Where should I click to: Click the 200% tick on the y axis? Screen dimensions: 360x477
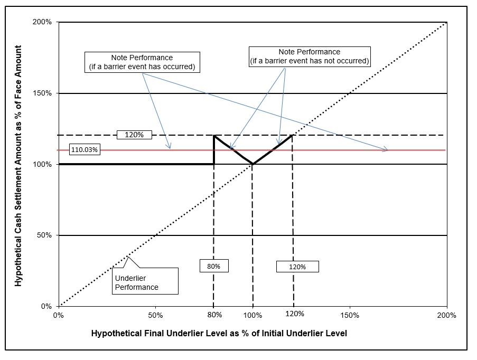tap(42, 22)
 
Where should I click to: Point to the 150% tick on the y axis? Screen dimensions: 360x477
tap(42, 93)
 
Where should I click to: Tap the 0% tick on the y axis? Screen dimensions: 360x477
tap(46, 306)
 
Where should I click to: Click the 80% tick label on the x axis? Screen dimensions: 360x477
tap(214, 315)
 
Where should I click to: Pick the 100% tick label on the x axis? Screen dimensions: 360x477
tap(252, 315)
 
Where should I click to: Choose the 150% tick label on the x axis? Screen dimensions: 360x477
tap(350, 315)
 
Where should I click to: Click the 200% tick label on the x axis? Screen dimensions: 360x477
tap(447, 315)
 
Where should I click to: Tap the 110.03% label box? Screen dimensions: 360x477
tap(85, 150)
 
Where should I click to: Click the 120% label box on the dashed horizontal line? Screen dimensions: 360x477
tap(134, 135)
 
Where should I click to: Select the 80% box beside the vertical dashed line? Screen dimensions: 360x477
tap(213, 266)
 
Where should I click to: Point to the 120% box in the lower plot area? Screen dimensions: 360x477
tap(297, 267)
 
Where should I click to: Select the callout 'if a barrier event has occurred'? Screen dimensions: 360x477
tap(142, 62)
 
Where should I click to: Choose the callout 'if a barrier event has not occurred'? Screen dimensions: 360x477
tap(309, 56)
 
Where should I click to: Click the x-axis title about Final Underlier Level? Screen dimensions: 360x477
tap(219, 334)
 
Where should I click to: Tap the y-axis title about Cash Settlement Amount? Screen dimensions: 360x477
tap(18, 165)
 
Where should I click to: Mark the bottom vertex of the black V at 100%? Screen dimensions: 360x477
tap(252, 164)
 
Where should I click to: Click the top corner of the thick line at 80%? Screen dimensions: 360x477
tap(214, 136)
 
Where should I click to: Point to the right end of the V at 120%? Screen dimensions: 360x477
tap(292, 136)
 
